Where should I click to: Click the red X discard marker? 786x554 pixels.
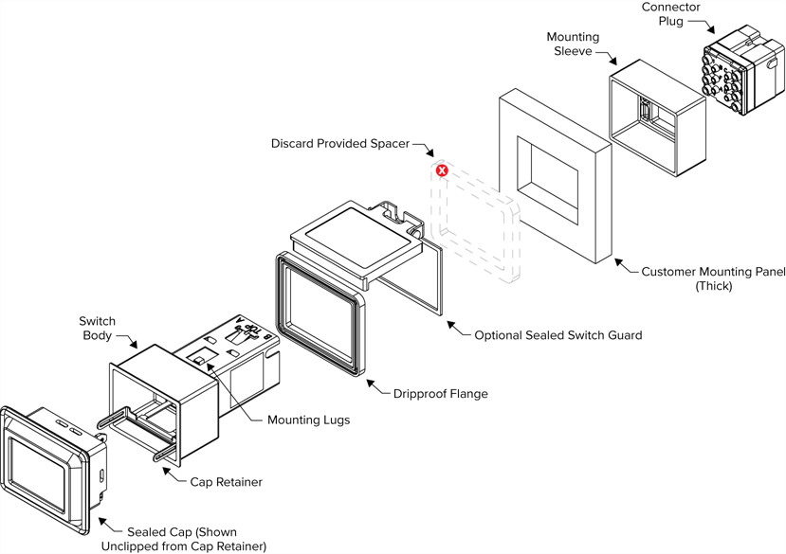coord(442,170)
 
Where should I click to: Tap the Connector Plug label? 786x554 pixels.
coord(670,14)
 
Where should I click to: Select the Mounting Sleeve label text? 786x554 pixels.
coord(573,44)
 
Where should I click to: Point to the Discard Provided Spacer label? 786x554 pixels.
coord(339,144)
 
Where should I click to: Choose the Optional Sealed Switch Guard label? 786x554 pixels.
coord(558,334)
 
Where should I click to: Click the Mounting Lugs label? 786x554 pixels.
coord(308,420)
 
